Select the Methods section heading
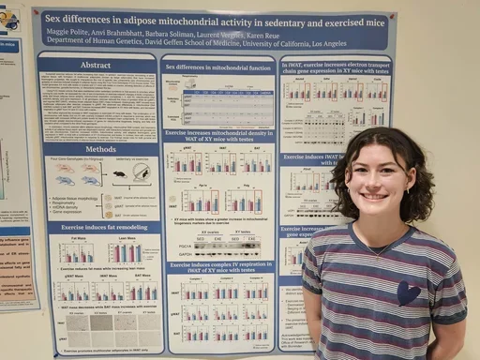pyautogui.click(x=101, y=149)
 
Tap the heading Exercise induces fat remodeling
pyautogui.click(x=101, y=228)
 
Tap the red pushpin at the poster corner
pyautogui.click(x=35, y=12)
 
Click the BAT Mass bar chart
pyautogui.click(x=142, y=292)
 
